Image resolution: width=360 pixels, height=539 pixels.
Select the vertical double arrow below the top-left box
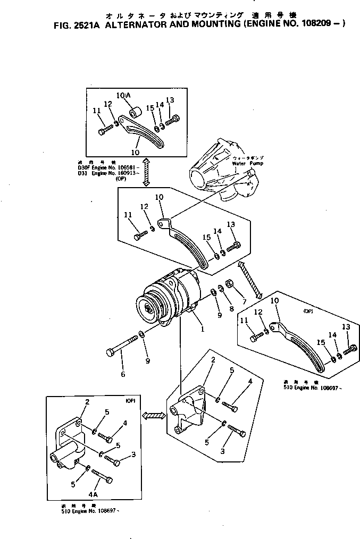click(145, 172)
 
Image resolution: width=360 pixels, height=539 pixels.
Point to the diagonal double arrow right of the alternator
click(250, 280)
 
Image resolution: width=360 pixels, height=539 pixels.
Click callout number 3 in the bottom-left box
click(133, 454)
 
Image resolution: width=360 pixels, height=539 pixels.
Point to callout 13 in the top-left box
click(170, 100)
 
